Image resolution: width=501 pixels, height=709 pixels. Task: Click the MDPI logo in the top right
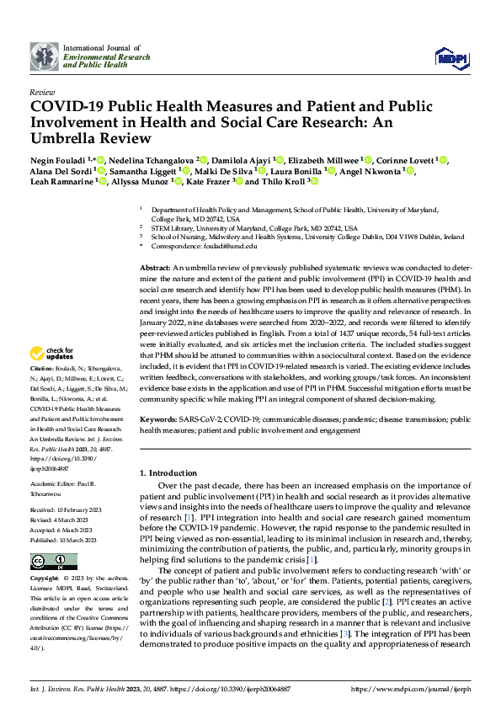[451, 56]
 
